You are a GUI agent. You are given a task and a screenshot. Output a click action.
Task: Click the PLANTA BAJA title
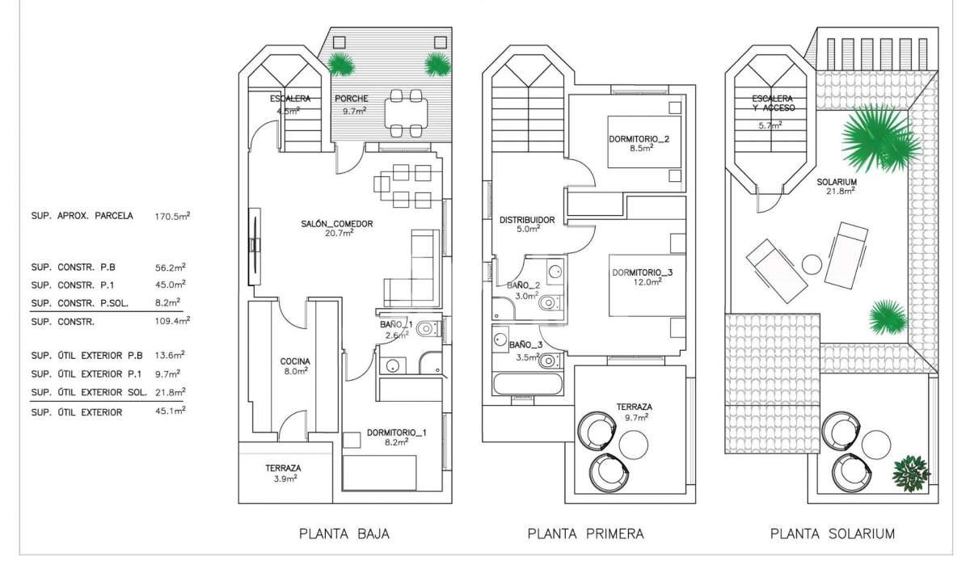(344, 534)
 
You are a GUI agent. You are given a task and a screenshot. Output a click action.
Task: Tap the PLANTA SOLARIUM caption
(833, 534)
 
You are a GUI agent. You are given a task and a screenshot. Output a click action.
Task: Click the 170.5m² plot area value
(172, 216)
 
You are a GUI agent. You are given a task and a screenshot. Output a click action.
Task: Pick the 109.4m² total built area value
(172, 321)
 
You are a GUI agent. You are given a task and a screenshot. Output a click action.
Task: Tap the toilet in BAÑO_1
(428, 329)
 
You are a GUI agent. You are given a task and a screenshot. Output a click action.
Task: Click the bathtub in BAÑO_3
(528, 383)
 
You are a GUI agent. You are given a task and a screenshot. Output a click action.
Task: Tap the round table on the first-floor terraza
(634, 445)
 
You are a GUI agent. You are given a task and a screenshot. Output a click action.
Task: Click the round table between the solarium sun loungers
(812, 264)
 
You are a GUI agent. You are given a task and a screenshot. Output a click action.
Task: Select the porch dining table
(406, 113)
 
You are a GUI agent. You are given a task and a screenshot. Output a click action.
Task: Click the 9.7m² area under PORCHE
(355, 111)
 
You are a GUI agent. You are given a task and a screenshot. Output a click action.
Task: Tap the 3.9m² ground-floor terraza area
(285, 479)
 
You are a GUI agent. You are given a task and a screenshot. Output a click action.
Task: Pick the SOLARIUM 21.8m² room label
(837, 186)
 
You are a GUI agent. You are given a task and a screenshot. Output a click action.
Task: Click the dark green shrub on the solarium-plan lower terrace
(911, 474)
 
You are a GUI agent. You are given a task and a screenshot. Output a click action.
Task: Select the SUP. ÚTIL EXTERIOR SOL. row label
(89, 392)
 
